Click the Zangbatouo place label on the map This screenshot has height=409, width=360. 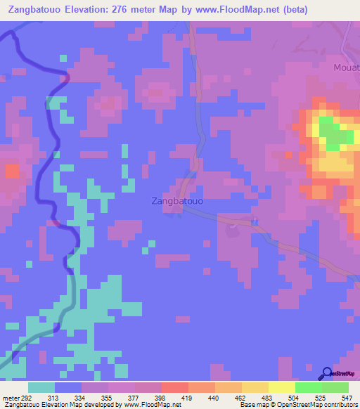pyautogui.click(x=177, y=201)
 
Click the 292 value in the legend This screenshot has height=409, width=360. pyautogui.click(x=25, y=397)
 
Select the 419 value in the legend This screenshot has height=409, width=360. pyautogui.click(x=181, y=397)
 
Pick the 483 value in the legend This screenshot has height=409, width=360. pyautogui.click(x=262, y=397)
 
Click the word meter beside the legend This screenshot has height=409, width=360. pyautogui.click(x=8, y=397)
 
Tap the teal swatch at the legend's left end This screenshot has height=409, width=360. pyautogui.click(x=41, y=387)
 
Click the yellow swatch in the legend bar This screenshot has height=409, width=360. pyautogui.click(x=281, y=387)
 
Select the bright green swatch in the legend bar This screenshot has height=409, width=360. pyautogui.click(x=308, y=387)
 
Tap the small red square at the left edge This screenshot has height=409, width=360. pyautogui.click(x=12, y=171)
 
